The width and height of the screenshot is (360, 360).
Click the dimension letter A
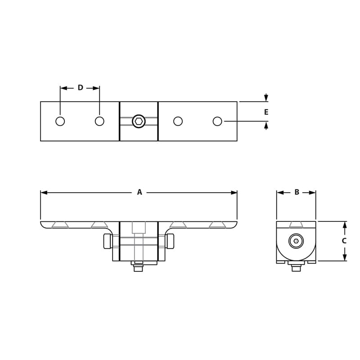point(139,192)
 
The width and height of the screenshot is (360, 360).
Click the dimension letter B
point(297,192)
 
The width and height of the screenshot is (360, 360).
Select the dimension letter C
point(344,241)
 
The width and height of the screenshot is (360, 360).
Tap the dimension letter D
point(80,88)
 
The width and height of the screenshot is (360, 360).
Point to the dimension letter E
point(266,112)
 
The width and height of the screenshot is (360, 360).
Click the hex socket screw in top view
point(139,121)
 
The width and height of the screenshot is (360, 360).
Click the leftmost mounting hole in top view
point(60,121)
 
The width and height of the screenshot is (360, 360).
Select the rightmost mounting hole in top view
point(217,121)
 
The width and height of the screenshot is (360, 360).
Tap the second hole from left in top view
point(99,121)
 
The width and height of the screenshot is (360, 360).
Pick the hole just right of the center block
point(178,121)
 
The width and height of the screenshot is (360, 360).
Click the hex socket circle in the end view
point(296,241)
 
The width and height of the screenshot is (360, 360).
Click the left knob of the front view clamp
point(107,242)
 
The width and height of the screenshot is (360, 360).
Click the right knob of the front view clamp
point(170,242)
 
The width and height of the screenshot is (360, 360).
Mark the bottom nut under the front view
point(138,269)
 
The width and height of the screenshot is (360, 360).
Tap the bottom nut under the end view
point(296,268)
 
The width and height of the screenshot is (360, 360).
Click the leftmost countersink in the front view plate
point(60,224)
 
